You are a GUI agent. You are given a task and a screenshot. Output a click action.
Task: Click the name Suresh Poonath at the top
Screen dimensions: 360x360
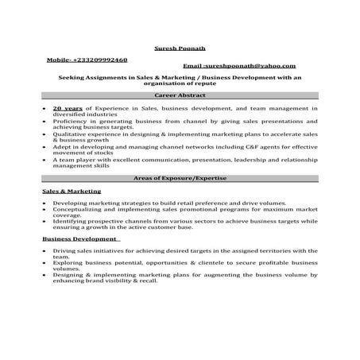coord(179,48)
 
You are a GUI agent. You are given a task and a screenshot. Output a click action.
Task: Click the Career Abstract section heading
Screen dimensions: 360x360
coord(180,95)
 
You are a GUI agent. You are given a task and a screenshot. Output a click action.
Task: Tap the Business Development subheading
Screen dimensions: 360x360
coord(79,238)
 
